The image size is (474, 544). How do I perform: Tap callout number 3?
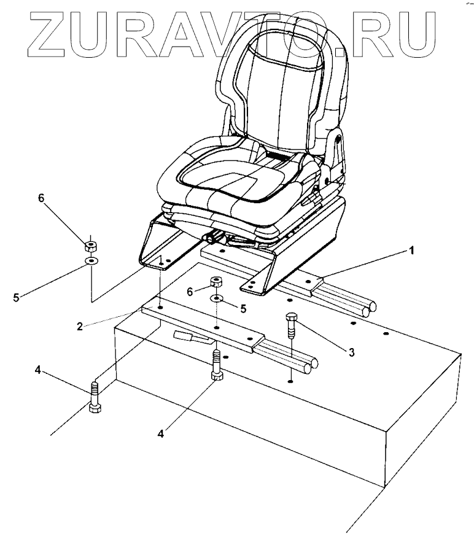point(351,352)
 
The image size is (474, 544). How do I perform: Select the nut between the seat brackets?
point(216,283)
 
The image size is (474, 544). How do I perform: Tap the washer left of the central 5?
point(218,299)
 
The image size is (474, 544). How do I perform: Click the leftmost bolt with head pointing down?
point(94,398)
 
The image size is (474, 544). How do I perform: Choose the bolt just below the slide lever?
point(216,367)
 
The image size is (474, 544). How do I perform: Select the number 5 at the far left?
point(17,298)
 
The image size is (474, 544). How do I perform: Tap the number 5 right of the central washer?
point(243,309)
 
